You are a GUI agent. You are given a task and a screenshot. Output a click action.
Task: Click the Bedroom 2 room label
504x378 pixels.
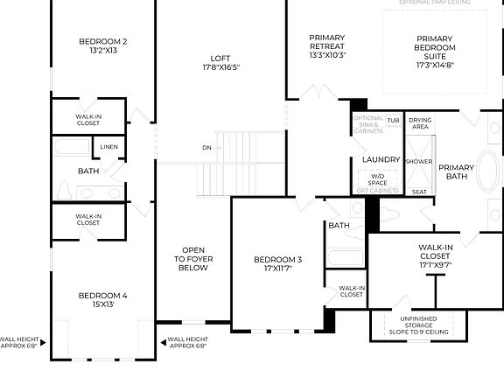[x=102, y=41]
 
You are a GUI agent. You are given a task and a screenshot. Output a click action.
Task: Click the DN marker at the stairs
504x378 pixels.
[x=206, y=147]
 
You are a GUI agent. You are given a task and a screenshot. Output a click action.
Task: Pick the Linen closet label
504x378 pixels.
[x=109, y=146]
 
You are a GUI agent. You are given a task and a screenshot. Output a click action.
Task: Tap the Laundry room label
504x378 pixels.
[x=381, y=160]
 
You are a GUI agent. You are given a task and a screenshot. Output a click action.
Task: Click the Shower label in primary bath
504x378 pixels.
[x=418, y=162]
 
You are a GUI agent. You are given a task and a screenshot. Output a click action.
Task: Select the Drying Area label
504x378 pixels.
[x=420, y=123]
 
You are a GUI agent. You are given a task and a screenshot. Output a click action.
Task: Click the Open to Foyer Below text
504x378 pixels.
[x=193, y=258]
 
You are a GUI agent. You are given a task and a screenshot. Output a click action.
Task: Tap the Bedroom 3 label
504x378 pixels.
[x=277, y=259]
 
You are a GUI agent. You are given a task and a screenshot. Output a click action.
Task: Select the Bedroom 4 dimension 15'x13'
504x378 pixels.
[x=102, y=305]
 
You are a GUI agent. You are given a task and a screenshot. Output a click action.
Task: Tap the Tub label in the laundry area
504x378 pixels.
[x=393, y=120]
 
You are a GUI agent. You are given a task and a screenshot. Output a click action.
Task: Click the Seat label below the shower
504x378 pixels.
[x=419, y=191]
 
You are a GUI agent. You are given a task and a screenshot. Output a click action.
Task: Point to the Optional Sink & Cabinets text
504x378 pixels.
[x=367, y=126]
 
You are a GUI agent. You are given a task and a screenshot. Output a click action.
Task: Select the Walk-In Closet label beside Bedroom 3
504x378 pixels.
[x=352, y=290]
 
